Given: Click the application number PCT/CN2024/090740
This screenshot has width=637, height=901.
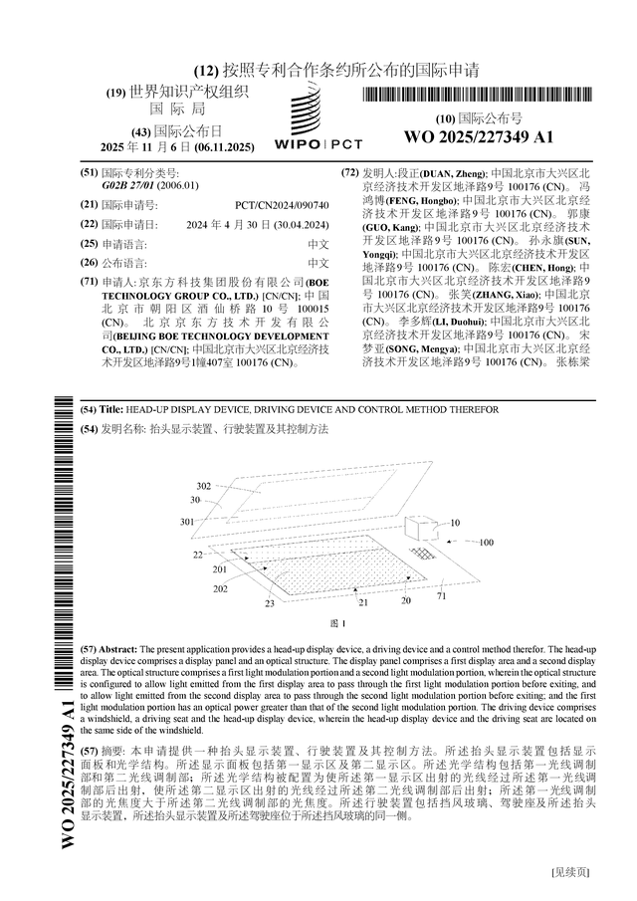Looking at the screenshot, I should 282,204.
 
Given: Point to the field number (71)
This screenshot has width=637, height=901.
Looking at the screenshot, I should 89,283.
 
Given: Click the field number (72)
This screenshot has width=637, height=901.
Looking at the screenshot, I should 350,172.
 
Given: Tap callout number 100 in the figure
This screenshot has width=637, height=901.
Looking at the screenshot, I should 486,543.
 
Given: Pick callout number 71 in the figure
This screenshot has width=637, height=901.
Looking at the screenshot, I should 441,595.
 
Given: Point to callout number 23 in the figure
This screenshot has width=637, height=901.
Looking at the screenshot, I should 269,603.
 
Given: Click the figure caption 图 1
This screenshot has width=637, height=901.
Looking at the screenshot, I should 337,623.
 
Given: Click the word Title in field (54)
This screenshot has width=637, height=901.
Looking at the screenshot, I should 111,410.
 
